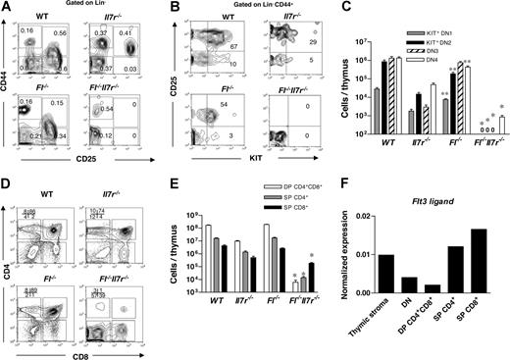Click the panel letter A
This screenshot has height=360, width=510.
point(7,7)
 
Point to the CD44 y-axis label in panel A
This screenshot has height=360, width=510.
point(12,74)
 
